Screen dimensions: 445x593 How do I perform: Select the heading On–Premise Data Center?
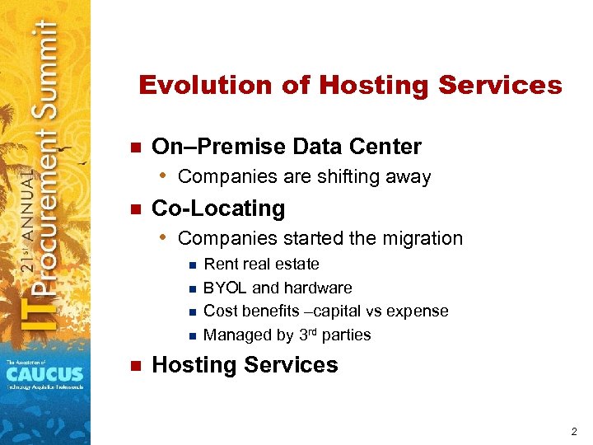tap(287, 147)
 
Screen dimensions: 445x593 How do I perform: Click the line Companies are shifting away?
tap(304, 176)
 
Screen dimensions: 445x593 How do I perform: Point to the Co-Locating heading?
tap(218, 208)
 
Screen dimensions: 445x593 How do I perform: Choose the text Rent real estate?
tap(261, 265)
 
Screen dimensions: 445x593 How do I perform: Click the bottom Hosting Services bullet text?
tap(245, 365)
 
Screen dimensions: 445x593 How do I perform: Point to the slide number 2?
tap(573, 431)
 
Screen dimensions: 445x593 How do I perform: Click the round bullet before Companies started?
tap(164, 238)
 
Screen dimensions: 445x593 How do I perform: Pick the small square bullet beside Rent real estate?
tap(191, 265)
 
